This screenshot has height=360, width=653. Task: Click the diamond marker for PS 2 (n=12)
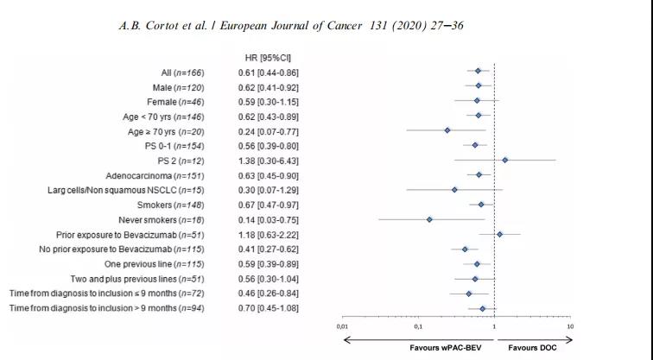(505, 160)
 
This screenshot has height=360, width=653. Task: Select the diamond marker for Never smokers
(429, 219)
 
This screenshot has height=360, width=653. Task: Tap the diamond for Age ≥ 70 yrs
(447, 129)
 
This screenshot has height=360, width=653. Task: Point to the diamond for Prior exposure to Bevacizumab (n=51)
(499, 234)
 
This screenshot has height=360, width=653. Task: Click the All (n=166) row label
(182, 72)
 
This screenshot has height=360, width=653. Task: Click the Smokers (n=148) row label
(170, 205)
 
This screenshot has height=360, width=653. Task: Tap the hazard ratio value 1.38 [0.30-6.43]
(269, 161)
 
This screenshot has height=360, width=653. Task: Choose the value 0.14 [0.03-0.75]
(269, 219)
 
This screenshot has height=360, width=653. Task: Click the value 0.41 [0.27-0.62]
(269, 249)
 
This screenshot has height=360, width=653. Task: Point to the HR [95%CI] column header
(269, 57)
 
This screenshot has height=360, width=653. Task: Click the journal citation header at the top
(291, 26)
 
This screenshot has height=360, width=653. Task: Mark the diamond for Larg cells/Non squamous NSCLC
(454, 189)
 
